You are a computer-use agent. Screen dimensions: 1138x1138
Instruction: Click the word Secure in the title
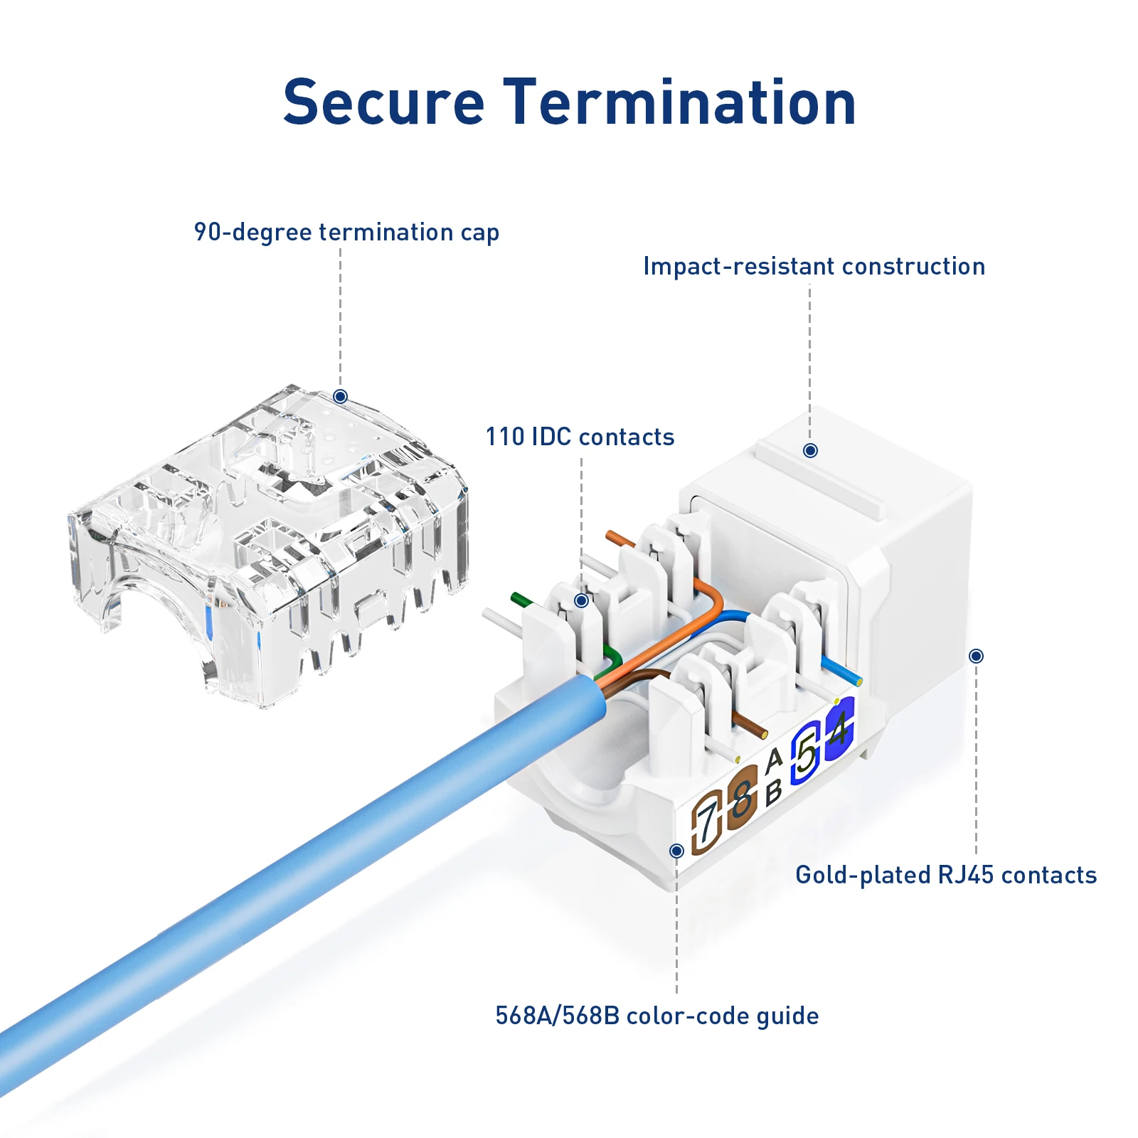coord(384,102)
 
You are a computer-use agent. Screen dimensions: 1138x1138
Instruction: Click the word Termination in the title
coord(679,102)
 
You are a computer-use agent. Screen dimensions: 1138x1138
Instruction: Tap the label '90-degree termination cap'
coord(346,233)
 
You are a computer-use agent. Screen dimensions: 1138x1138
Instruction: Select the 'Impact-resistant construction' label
coord(814,266)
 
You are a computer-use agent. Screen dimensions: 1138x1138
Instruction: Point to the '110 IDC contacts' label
coord(580,437)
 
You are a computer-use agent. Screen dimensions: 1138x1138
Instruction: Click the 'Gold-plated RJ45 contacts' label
coord(946,875)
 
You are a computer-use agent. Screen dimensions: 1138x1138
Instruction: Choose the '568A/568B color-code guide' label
coord(656,1016)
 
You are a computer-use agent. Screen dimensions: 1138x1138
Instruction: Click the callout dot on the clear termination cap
coord(341,396)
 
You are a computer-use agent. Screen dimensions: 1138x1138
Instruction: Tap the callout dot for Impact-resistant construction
coord(810,450)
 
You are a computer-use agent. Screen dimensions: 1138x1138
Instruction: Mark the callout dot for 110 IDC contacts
coord(581,600)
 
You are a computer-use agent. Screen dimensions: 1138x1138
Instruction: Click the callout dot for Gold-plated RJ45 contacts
coord(977,656)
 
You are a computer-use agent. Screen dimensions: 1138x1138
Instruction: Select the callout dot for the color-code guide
coord(676,851)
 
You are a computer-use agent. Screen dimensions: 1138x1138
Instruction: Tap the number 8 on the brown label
coord(742,798)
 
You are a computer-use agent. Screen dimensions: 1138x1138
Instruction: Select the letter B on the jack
coord(774,791)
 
